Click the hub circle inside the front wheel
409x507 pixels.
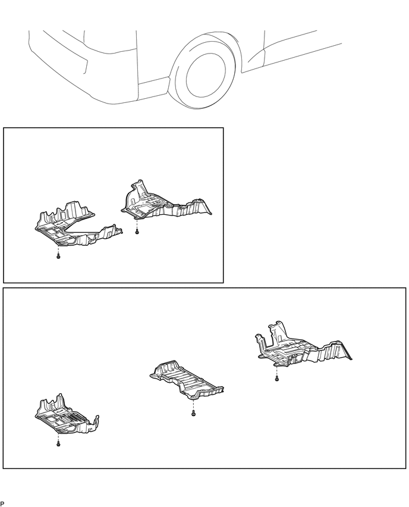point(206,76)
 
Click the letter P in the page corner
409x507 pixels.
point(2,503)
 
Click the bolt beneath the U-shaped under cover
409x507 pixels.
point(58,256)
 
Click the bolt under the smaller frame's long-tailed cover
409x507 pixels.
point(137,231)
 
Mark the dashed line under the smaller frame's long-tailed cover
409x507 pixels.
point(137,223)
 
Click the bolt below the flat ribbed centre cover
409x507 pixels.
point(193,413)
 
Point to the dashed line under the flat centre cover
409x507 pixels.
point(193,405)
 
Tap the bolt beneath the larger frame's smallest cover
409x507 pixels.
point(58,445)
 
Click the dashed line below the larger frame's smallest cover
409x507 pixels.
point(58,438)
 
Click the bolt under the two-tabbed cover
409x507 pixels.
point(277,378)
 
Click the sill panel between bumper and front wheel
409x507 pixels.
point(154,87)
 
